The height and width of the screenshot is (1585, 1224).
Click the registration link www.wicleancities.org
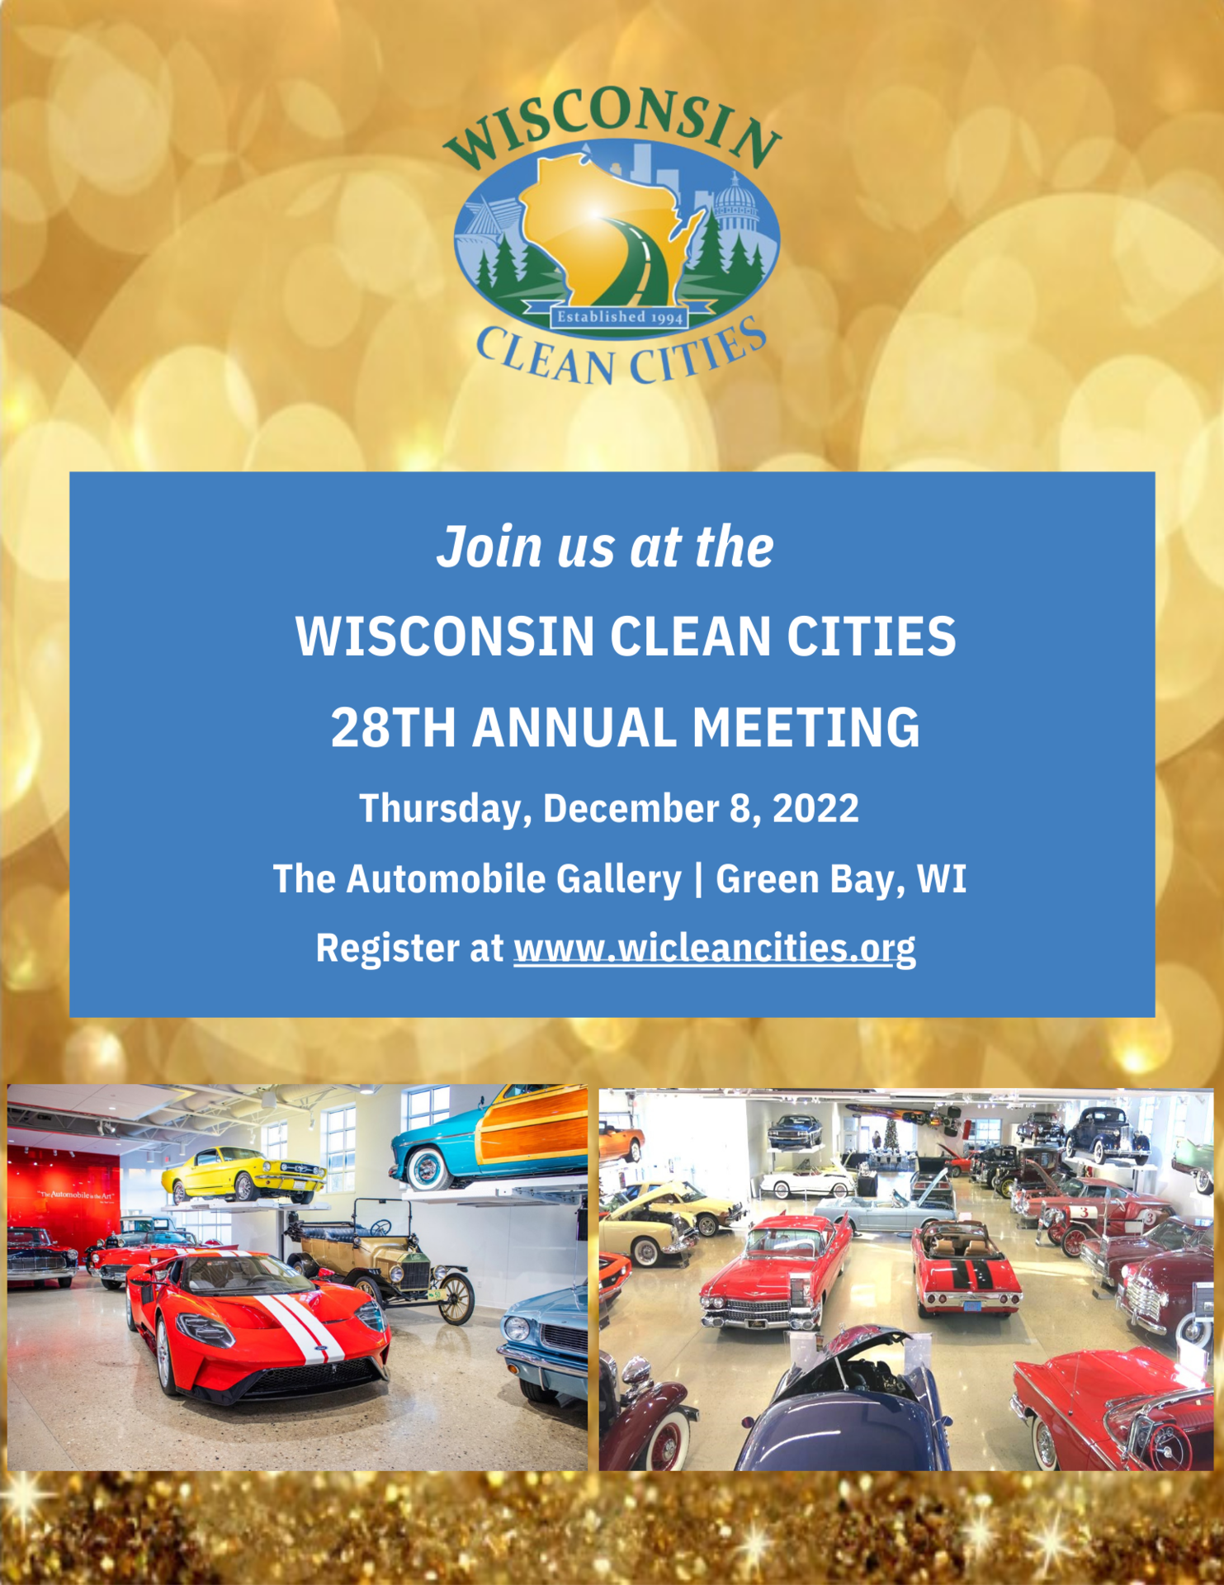pos(715,948)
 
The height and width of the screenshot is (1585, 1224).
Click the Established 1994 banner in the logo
pos(619,317)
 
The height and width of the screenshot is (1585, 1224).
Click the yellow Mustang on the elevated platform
pos(243,1175)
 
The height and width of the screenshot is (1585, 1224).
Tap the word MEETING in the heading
pos(806,727)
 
